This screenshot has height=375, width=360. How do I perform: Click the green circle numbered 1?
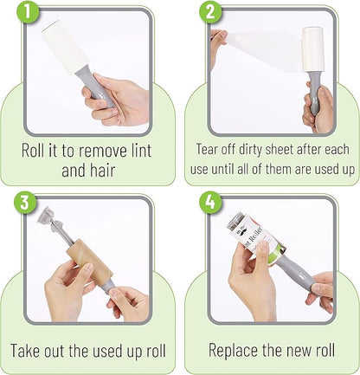28,11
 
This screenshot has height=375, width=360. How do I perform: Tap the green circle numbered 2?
210,11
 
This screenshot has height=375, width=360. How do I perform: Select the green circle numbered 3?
25,202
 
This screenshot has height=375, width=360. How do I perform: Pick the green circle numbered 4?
211,202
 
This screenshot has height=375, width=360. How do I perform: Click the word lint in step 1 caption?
141,151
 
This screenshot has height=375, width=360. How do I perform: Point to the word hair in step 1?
102,170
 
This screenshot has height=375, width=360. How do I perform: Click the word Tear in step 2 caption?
207,149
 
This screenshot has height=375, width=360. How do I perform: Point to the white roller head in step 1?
64,47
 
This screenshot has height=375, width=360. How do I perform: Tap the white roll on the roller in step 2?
312,49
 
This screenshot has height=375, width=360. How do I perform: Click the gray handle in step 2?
314,94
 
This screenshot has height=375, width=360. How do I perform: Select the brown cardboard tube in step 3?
89,263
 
